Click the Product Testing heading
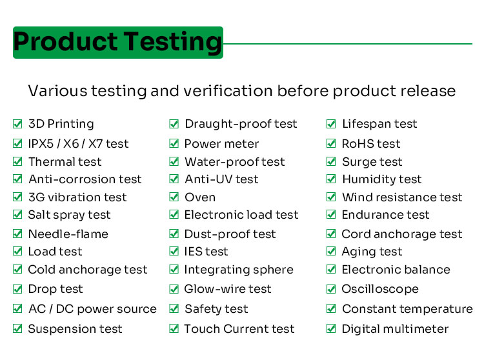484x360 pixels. click(117, 43)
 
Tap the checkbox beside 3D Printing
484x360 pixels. click(17, 124)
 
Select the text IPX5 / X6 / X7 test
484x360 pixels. click(78, 144)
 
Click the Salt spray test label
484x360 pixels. click(69, 215)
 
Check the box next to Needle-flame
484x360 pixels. click(17, 234)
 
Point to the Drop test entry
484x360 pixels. click(55, 289)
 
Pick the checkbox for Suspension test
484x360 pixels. click(17, 329)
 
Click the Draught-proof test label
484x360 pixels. click(241, 124)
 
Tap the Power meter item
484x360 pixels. click(221, 144)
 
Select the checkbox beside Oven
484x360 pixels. click(174, 197)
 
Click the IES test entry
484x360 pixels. click(206, 252)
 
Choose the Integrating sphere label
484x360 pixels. click(239, 270)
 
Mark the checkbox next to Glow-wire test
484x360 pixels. click(174, 289)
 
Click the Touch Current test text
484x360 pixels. click(239, 329)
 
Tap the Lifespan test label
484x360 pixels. click(379, 124)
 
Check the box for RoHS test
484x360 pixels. click(331, 144)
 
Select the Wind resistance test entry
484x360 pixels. click(402, 197)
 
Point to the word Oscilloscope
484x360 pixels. click(380, 289)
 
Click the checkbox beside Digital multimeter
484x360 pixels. click(331, 329)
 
